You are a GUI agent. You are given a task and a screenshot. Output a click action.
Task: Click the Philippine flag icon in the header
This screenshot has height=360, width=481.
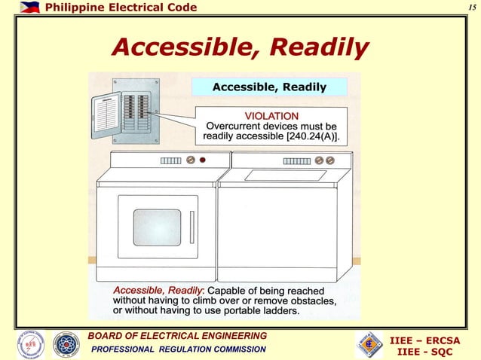pos(29,8)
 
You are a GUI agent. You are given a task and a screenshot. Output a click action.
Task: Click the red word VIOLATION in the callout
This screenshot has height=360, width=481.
pos(271,115)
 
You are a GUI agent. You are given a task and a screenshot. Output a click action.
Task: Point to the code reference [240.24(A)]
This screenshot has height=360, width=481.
pos(306,137)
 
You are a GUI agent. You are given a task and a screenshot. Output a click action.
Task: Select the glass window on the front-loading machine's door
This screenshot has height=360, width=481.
pos(157,227)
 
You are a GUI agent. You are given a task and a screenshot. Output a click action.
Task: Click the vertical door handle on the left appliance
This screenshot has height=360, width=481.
pos(191,227)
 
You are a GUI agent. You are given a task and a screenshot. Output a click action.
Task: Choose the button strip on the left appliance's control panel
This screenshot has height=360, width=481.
pos(170,160)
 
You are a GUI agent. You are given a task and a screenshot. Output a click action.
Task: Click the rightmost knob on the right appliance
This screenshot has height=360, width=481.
pos(331,160)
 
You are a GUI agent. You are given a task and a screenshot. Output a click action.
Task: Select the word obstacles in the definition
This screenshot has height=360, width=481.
pos(316,301)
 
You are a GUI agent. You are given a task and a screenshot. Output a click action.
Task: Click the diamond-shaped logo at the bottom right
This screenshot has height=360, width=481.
pos(369,345)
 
